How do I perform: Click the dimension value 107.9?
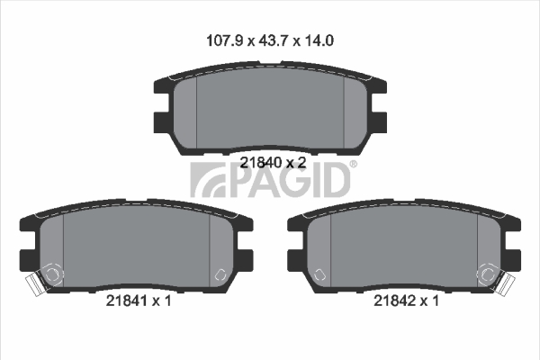[225, 40]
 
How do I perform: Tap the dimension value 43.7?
[273, 40]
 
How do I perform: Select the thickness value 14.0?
[318, 40]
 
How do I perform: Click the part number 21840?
[261, 162]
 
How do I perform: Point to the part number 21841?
[127, 301]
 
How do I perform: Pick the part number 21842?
[395, 301]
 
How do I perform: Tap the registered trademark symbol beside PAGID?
[354, 165]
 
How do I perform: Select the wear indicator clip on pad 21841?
[33, 283]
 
